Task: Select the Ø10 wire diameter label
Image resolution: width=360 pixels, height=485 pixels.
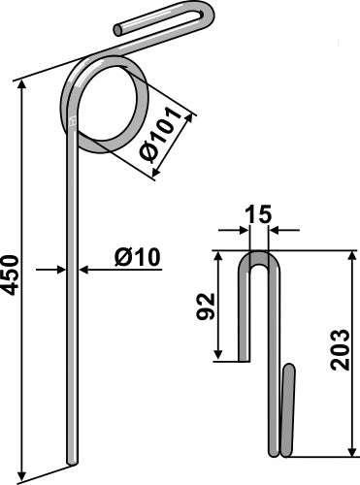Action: tap(137, 258)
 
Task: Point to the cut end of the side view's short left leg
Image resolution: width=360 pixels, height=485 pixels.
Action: tap(245, 359)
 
